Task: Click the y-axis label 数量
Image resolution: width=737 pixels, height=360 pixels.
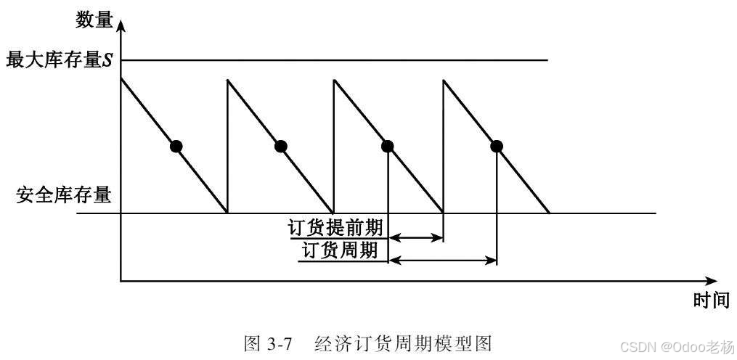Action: point(94,20)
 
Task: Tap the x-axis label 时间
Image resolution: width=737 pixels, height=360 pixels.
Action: point(710,301)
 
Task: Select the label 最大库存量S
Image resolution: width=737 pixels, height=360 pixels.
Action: point(60,60)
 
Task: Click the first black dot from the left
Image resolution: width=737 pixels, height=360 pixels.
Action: point(175,146)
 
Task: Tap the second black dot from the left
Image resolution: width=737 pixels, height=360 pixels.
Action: point(281,146)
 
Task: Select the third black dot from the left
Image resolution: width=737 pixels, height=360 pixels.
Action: point(388,146)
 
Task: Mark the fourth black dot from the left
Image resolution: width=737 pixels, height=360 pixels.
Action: point(497,146)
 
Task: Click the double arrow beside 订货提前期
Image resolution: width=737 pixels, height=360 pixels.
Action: point(416,237)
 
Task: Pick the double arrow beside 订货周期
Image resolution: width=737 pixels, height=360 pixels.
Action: point(442,259)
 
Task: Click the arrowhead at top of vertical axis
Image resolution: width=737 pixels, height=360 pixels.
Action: point(121,25)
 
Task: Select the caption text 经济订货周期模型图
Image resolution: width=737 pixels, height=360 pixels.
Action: point(404,342)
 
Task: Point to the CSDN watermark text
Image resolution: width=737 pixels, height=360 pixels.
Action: point(667,345)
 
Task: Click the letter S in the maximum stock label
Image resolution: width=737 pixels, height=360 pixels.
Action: point(107,61)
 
